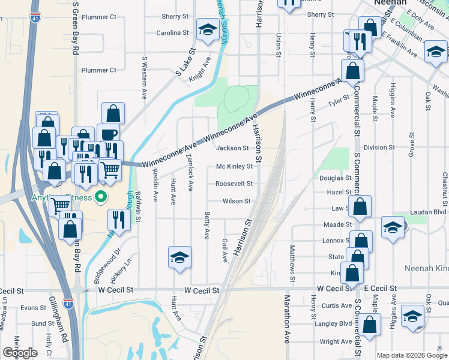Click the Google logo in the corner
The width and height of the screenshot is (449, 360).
pos(20,353)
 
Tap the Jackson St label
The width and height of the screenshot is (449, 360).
pos(232,148)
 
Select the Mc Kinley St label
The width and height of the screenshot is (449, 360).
pos(234,166)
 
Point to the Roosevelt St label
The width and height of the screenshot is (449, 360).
pos(234,184)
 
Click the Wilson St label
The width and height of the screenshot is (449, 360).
pos(236,202)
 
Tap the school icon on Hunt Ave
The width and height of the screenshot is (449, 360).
pos(179,257)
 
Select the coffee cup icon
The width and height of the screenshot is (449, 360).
pos(108,134)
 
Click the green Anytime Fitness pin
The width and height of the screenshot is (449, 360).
pos(101,196)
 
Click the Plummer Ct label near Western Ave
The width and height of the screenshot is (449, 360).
pos(99,70)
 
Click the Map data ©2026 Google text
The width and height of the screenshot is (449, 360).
pos(411,355)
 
